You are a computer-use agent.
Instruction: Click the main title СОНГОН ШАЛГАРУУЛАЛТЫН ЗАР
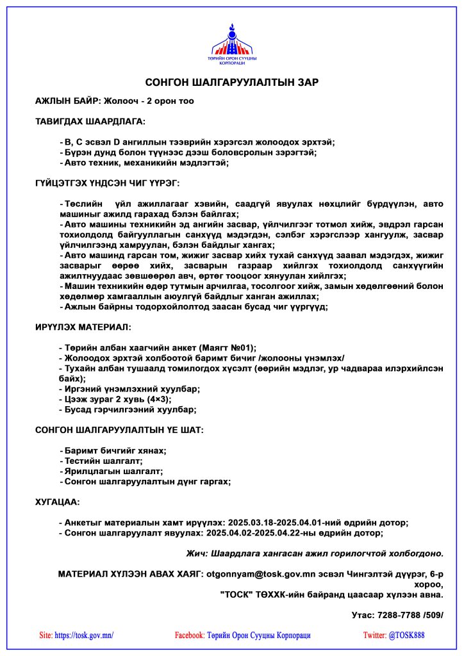coord(232,83)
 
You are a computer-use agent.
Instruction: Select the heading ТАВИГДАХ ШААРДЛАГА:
coord(90,121)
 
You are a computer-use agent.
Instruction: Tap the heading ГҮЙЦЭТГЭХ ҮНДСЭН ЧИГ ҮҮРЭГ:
coord(108,183)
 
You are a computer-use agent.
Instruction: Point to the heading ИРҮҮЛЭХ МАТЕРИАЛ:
coord(83,327)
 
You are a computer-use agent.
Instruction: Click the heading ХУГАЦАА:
coord(58,502)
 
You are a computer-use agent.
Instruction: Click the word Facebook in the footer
coord(189,635)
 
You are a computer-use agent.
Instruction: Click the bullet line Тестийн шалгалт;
coord(103,461)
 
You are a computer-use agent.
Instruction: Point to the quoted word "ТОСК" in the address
coord(237,594)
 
